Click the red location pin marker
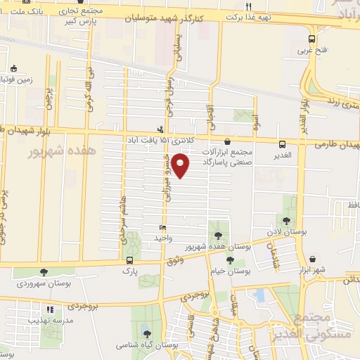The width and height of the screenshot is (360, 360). [x=181, y=167]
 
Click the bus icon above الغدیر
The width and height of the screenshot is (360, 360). [x=282, y=143]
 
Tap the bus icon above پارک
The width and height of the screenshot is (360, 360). [x=129, y=260]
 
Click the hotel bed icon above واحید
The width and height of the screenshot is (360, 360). [x=162, y=227]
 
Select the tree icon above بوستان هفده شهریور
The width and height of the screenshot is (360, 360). [x=215, y=235]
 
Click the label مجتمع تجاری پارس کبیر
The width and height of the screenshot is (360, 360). [x=98, y=17]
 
